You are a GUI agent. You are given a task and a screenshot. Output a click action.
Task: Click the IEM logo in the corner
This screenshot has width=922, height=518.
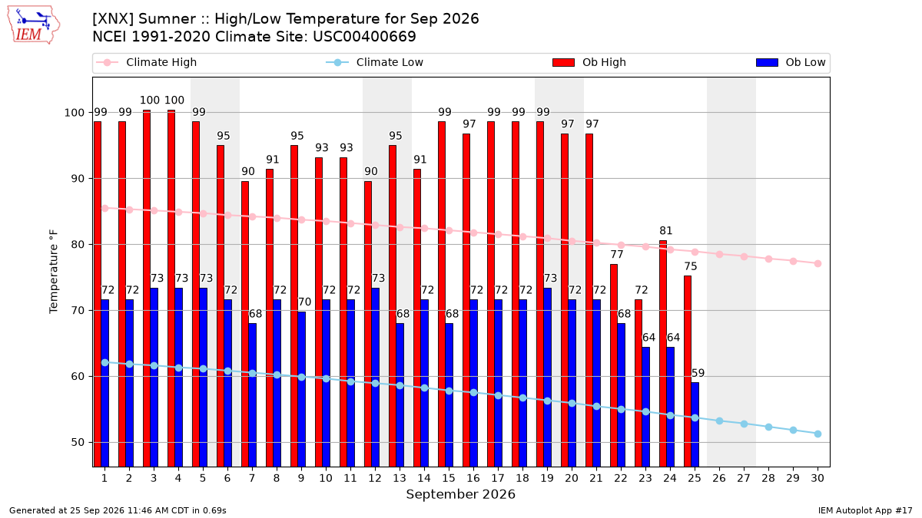point(34,25)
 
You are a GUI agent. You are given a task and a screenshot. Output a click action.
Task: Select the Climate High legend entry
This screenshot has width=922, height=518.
point(146,62)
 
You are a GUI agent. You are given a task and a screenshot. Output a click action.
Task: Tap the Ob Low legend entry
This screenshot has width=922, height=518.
point(791,62)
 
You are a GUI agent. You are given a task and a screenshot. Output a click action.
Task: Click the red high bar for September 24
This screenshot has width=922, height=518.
point(662,354)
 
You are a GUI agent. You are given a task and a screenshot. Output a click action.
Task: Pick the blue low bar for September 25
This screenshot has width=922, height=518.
point(695,424)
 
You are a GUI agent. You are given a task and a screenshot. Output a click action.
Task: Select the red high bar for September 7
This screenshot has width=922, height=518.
point(245,324)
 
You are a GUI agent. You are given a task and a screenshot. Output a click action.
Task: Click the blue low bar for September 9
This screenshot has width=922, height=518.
point(301,389)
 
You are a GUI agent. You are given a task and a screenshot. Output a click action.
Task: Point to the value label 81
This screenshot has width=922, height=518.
point(666,231)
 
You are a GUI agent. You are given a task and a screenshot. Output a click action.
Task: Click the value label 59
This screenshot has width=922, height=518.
point(698,373)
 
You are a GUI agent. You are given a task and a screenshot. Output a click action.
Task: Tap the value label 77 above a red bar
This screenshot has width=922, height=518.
point(616,255)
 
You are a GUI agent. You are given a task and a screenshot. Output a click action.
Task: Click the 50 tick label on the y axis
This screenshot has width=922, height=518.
point(77,443)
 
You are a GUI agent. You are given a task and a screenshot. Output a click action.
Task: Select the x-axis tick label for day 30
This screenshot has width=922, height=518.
point(818,478)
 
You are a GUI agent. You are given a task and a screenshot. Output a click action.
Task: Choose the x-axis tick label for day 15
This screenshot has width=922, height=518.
point(449,478)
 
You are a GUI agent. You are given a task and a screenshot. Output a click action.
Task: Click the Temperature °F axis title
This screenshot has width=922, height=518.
point(54,272)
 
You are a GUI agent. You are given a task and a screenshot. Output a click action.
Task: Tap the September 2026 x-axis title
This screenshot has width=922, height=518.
point(460,494)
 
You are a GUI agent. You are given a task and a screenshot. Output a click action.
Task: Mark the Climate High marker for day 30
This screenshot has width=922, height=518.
point(818,263)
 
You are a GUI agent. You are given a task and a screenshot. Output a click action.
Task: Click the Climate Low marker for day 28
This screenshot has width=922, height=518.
point(768,427)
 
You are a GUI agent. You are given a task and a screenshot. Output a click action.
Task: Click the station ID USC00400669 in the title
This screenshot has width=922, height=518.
point(364,37)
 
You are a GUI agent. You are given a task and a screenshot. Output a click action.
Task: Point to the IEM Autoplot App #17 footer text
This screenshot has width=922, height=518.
point(865,510)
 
